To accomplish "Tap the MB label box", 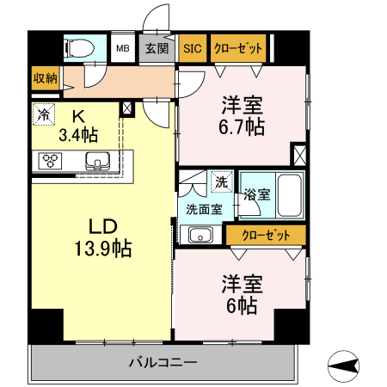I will [x=123, y=48].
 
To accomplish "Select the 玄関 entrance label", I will [x=157, y=48].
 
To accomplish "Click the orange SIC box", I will [x=193, y=48].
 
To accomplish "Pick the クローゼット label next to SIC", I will [x=237, y=48].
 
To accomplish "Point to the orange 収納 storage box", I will [x=46, y=78].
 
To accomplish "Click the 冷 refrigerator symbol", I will [x=43, y=113].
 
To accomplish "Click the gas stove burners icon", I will [x=50, y=160].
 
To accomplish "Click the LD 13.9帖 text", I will [x=101, y=238].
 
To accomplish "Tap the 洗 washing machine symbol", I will [x=222, y=181].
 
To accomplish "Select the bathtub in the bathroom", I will [x=290, y=194].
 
